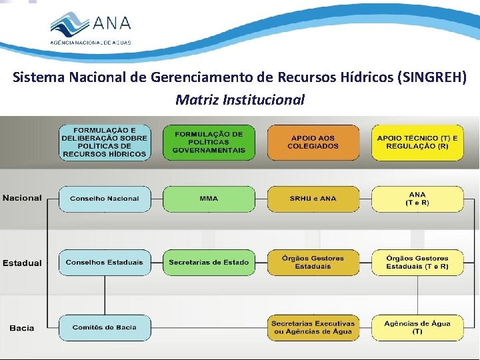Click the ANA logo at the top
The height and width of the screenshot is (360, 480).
coord(91,28)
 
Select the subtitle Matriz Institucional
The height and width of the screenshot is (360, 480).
coord(240,100)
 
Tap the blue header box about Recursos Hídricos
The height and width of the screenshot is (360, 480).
coord(105,142)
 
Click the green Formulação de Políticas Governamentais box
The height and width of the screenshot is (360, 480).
coord(209,142)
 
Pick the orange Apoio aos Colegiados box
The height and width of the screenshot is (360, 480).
coord(313,142)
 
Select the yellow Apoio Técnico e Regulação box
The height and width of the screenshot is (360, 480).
coord(417,142)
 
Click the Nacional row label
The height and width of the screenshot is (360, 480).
coord(22,198)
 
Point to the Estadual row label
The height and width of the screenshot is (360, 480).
coord(22,263)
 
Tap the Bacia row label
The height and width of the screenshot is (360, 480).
coord(22,328)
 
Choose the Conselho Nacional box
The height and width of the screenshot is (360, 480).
coord(105,199)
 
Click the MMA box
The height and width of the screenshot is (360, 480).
coord(209,199)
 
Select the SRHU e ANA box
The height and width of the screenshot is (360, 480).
coord(313,199)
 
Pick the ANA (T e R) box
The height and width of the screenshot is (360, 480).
coord(417,199)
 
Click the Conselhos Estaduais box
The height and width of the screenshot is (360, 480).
coord(105,263)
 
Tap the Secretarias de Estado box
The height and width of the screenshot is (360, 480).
coord(209,263)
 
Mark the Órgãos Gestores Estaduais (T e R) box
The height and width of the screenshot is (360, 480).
coord(417,263)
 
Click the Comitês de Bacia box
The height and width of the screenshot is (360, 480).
coord(105,327)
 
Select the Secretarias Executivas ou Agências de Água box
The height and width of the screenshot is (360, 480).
coord(313,327)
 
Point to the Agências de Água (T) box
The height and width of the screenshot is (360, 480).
coord(417,327)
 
